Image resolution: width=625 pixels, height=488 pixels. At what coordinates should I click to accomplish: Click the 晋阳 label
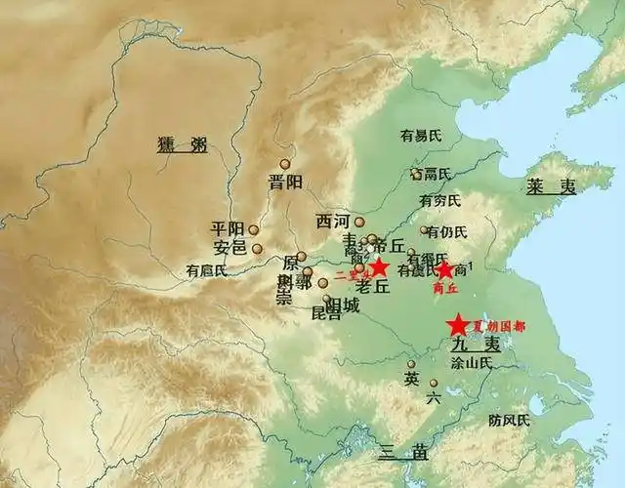click(x=286, y=182)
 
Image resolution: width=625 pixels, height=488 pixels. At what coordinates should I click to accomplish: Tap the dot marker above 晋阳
click(x=285, y=164)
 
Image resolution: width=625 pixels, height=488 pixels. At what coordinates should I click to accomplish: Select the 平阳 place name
click(x=228, y=229)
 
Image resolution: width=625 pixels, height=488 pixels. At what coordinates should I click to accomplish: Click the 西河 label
click(x=332, y=222)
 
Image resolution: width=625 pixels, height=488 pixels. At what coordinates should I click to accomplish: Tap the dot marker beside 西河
click(x=358, y=222)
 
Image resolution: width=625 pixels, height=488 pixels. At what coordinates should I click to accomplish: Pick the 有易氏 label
click(x=421, y=136)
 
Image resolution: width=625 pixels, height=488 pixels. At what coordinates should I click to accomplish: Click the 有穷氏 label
click(x=439, y=200)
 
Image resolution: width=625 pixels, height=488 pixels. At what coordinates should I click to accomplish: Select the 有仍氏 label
click(x=448, y=231)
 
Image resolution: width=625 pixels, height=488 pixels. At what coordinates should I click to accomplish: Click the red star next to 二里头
click(x=379, y=266)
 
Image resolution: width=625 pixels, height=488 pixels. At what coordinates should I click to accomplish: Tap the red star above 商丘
click(x=444, y=269)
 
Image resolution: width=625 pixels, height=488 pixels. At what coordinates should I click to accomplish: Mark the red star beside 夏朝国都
click(x=456, y=326)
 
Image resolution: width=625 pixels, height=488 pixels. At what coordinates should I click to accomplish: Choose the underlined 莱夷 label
click(x=552, y=187)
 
